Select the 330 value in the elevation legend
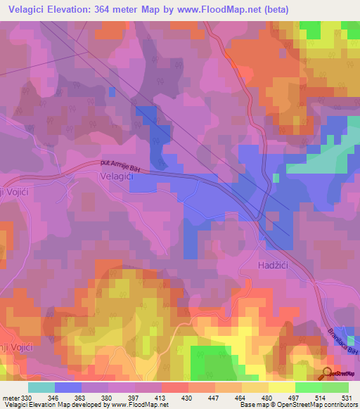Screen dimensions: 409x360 click(x=27, y=398)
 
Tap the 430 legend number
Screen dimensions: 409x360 click(x=188, y=398)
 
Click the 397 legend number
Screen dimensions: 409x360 click(x=134, y=398)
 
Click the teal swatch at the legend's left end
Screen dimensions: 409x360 click(x=41, y=387)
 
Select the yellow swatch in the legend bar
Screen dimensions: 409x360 click(x=281, y=387)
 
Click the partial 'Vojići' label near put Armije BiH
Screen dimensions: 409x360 click(x=13, y=193)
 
